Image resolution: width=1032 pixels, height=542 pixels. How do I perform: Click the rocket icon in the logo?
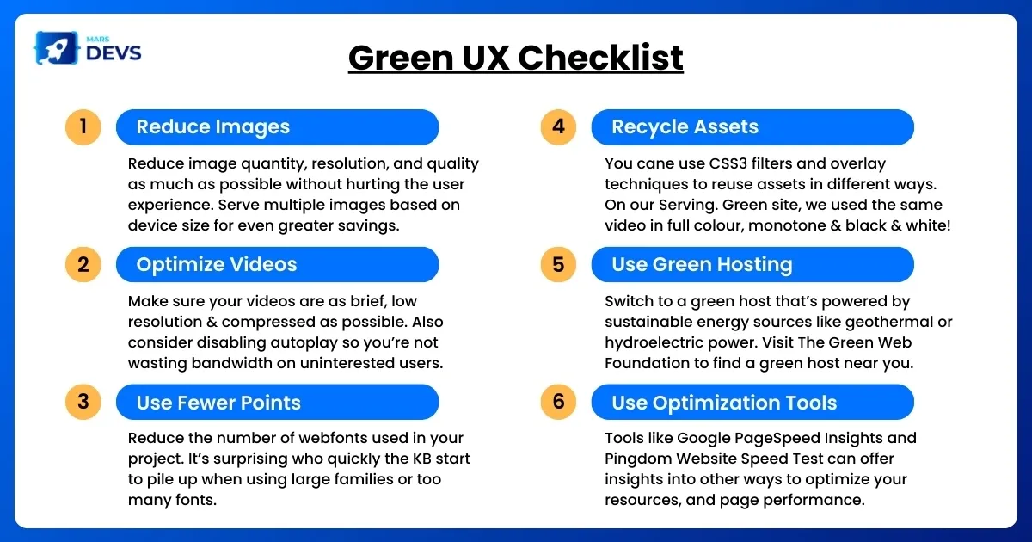pos(56,48)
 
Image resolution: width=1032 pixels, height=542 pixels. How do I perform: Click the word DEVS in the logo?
pos(114,53)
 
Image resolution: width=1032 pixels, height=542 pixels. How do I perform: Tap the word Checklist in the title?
pos(600,58)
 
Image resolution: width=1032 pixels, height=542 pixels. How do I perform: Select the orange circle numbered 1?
pos(83,127)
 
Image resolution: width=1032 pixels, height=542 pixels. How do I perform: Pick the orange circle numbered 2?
pos(83,265)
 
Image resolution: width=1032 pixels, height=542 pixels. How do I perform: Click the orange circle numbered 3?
pos(83,402)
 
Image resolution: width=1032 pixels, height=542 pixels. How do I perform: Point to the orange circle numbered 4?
pos(558,127)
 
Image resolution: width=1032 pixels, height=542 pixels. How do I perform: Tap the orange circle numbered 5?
pos(558,265)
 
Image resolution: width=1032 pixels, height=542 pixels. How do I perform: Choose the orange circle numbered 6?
pos(558,402)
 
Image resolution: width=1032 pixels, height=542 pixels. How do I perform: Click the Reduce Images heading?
pos(213,126)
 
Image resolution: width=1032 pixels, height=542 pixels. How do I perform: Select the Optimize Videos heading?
pos(217,265)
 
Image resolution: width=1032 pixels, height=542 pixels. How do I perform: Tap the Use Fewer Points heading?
pos(218,403)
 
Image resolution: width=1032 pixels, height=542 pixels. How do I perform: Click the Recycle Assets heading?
pos(685,126)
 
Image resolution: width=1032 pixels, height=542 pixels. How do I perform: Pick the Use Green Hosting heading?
pos(702,265)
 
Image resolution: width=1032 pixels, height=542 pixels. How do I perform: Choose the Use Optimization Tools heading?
pos(724,403)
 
